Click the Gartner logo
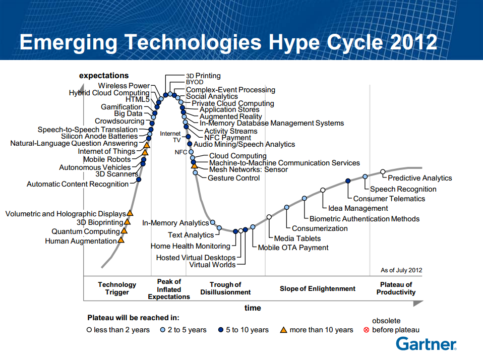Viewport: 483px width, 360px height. click(427, 344)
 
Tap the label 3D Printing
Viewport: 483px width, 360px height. click(203, 76)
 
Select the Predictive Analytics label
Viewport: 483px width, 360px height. click(419, 178)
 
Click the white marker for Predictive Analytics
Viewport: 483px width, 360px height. click(383, 172)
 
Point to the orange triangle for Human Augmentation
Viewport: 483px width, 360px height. click(121, 240)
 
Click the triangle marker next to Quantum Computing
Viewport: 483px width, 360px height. click(124, 230)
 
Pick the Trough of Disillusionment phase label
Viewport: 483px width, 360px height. click(225, 288)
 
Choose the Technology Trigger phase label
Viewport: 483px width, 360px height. click(117, 288)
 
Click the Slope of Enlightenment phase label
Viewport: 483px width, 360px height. click(317, 288)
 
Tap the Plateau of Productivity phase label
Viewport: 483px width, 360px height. click(396, 288)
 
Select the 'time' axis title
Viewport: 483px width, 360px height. click(253, 308)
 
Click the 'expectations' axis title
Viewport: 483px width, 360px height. click(104, 76)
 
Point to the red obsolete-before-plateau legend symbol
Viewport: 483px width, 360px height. click(366, 330)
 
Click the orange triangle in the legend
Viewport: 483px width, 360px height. click(283, 330)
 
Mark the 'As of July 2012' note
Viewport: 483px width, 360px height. click(401, 270)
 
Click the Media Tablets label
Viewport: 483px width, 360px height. click(297, 238)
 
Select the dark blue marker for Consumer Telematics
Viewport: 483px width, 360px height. click(348, 181)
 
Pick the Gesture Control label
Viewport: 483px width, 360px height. click(234, 178)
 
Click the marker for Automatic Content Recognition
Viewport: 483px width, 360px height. click(139, 179)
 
